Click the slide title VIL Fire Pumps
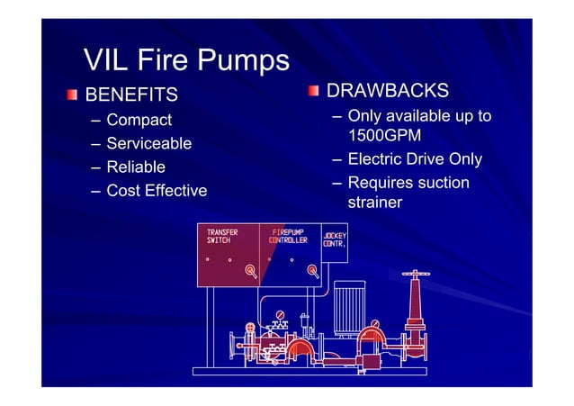click(x=186, y=60)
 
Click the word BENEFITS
click(x=130, y=95)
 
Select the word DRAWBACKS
click(x=387, y=92)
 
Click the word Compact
click(x=139, y=120)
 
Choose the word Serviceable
click(x=148, y=143)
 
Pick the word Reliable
click(x=136, y=167)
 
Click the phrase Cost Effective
click(x=157, y=191)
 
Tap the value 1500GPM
click(x=384, y=136)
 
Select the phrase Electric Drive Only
click(x=415, y=160)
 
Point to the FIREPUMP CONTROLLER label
click(x=289, y=237)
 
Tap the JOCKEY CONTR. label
click(x=335, y=239)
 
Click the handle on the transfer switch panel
click(x=251, y=269)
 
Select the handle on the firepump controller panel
click(x=311, y=269)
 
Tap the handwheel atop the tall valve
click(x=415, y=273)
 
